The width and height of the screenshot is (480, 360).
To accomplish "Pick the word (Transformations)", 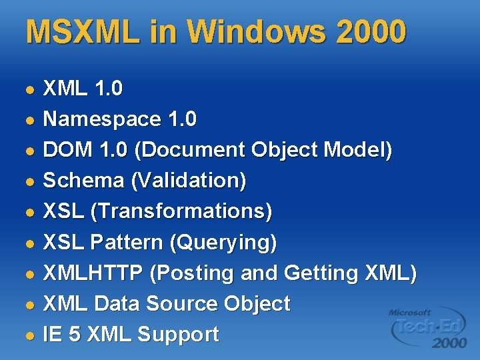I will tap(181, 211).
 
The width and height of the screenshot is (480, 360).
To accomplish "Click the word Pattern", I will tap(130, 242).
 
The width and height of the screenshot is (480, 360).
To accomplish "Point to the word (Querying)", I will tap(223, 242).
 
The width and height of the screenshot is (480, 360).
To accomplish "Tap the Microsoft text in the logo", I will tap(411, 311).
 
